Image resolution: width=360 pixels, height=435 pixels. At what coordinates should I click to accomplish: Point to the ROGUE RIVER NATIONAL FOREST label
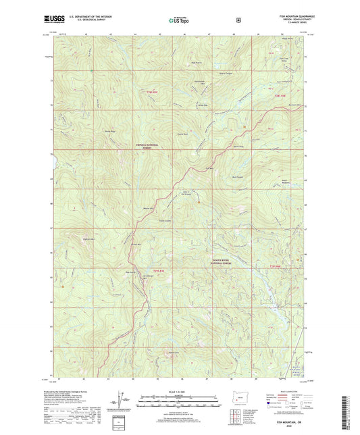(225, 258)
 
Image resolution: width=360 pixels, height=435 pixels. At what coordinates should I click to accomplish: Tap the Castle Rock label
(182, 134)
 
